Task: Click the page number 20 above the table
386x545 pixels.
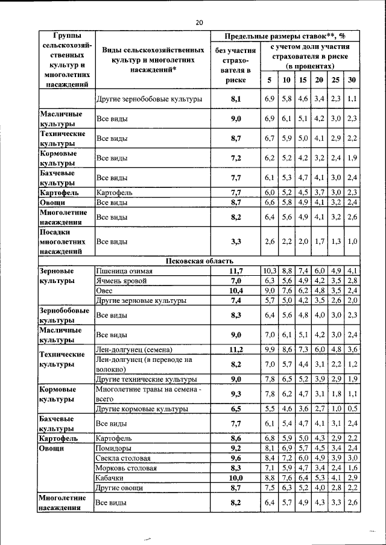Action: pos(199,22)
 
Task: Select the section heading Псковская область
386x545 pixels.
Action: pos(199,261)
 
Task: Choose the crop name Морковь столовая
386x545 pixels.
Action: pos(127,467)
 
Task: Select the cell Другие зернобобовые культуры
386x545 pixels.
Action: pos(149,98)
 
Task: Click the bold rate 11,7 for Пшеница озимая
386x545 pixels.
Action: pos(235,271)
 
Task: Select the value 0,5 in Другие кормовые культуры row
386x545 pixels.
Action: pos(352,408)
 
